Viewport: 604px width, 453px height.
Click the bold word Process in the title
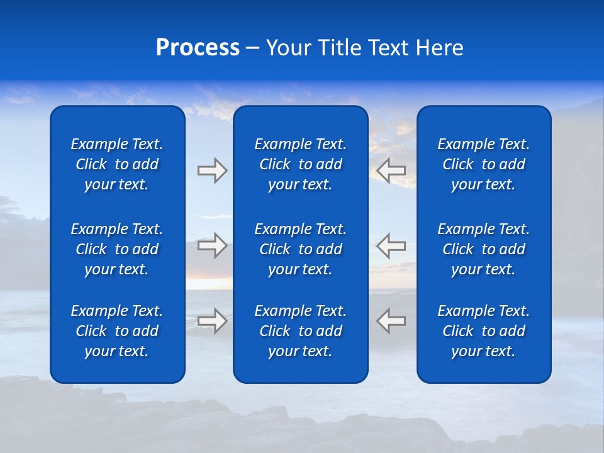pyautogui.click(x=198, y=48)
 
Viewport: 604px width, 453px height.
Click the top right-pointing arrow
pyautogui.click(x=212, y=171)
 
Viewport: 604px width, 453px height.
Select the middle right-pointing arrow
pyautogui.click(x=212, y=245)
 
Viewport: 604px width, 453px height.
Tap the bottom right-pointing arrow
pyautogui.click(x=212, y=321)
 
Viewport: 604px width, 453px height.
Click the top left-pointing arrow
pyautogui.click(x=391, y=171)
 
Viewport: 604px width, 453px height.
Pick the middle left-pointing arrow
pyautogui.click(x=391, y=245)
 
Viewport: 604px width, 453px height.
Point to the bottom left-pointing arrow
pyautogui.click(x=391, y=321)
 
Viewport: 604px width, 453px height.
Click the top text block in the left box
pyautogui.click(x=117, y=164)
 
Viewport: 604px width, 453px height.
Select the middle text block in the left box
pyautogui.click(x=117, y=249)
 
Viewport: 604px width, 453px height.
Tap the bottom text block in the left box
pyautogui.click(x=117, y=331)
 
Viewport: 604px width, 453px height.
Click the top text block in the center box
pyautogui.click(x=300, y=164)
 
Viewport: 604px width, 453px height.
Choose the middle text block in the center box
pyautogui.click(x=300, y=249)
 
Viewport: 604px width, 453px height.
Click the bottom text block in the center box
pyautogui.click(x=300, y=331)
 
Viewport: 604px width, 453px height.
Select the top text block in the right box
pyautogui.click(x=483, y=164)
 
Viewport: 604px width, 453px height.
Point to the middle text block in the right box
pyautogui.click(x=483, y=249)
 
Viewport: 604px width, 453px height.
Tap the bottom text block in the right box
pyautogui.click(x=483, y=331)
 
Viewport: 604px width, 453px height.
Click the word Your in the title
pyautogui.click(x=288, y=48)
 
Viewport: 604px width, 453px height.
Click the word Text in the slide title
pyautogui.click(x=388, y=48)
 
